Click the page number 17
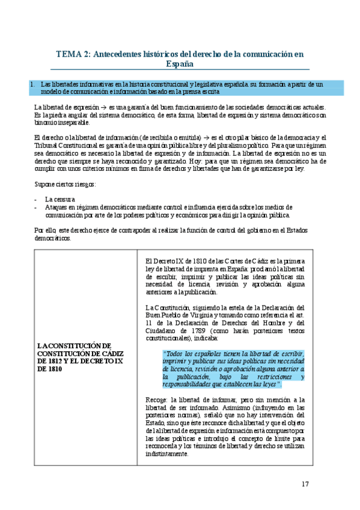coord(305,484)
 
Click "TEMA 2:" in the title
coord(73,54)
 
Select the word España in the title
coord(180,63)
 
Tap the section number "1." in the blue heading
coord(33,84)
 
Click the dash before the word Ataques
coord(37,207)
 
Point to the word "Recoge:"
coord(157,383)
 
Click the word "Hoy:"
coord(184,162)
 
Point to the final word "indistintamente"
coord(168,454)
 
